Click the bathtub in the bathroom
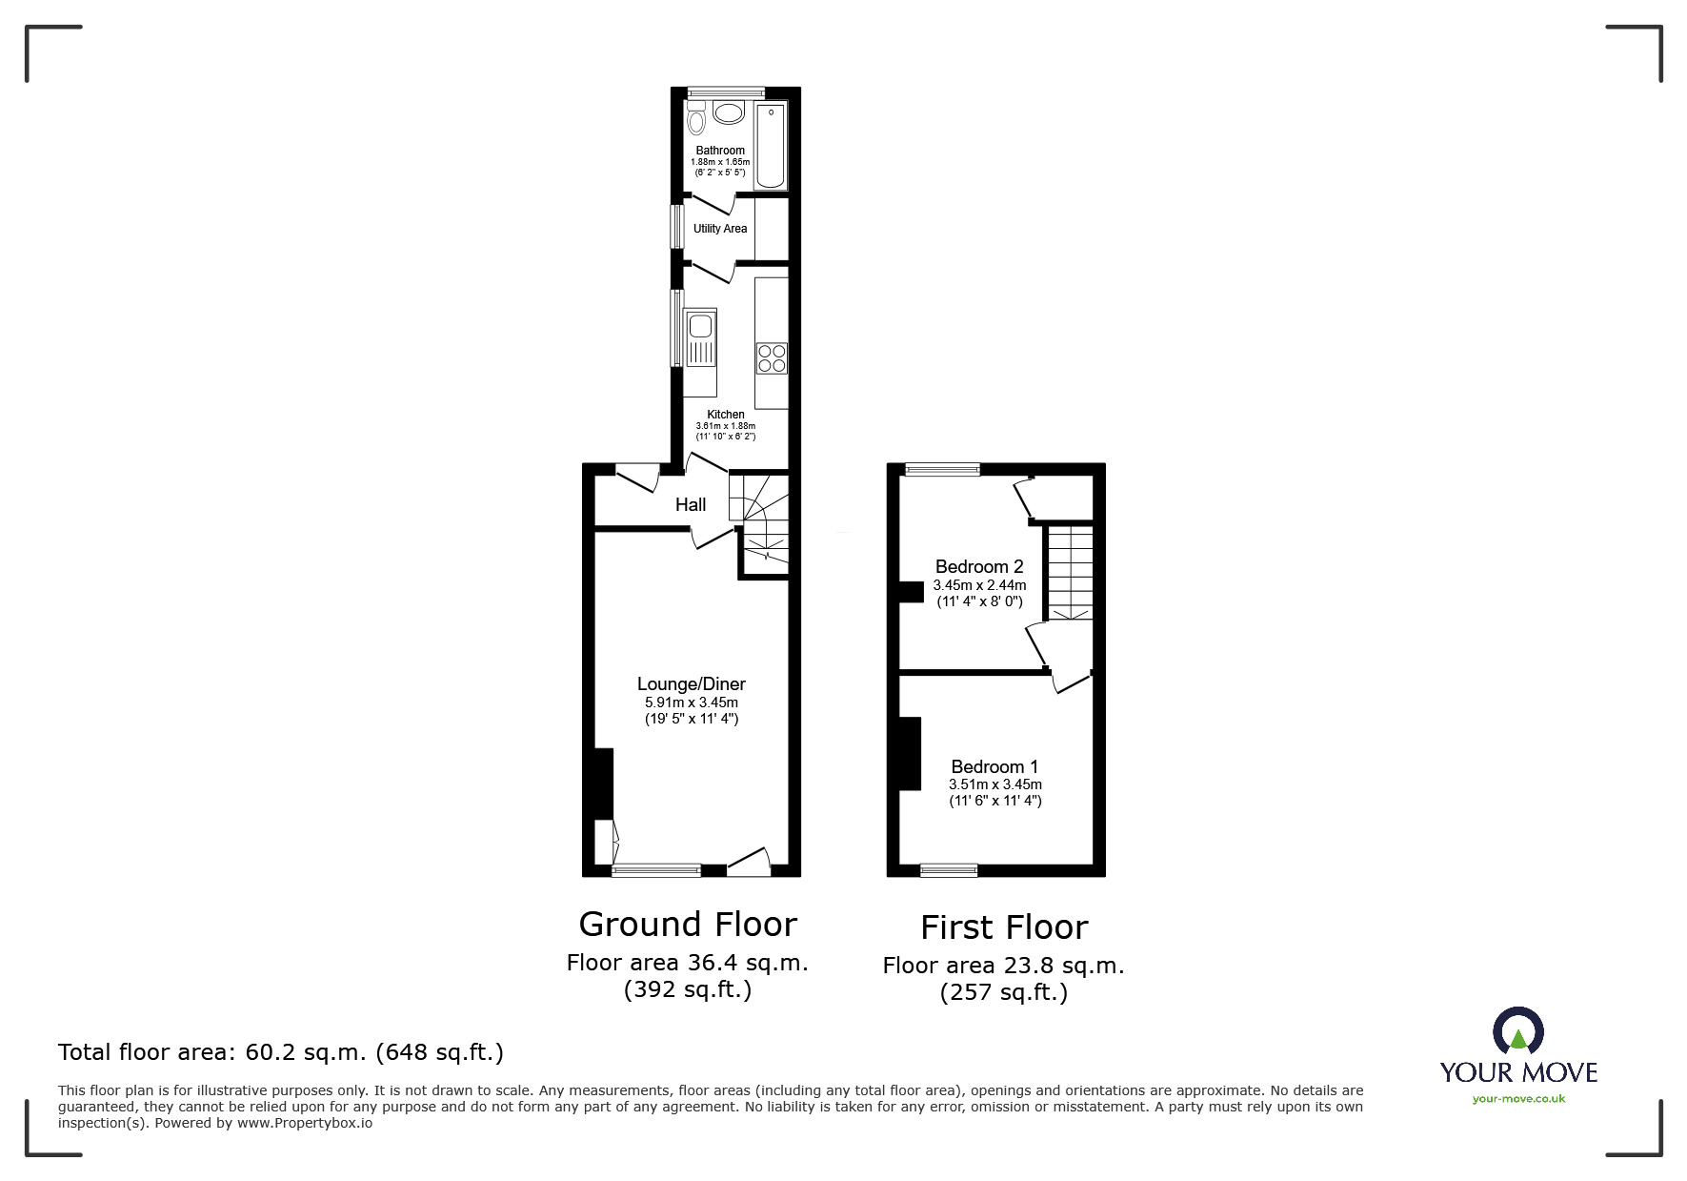[x=771, y=148]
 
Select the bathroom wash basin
[x=729, y=113]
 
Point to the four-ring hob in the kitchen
[x=772, y=358]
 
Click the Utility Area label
[x=720, y=229]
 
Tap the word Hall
[x=691, y=504]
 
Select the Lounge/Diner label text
[x=691, y=684]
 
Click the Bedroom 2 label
[x=979, y=567]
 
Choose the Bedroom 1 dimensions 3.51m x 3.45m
[x=994, y=784]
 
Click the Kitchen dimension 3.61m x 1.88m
[x=725, y=426]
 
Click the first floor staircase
[x=1070, y=572]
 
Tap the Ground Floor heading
[x=688, y=925]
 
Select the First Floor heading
[x=1004, y=927]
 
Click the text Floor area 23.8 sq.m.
[x=1003, y=966]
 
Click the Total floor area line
[x=281, y=1052]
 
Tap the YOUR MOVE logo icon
[x=1517, y=1032]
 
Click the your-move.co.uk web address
[x=1518, y=1099]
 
